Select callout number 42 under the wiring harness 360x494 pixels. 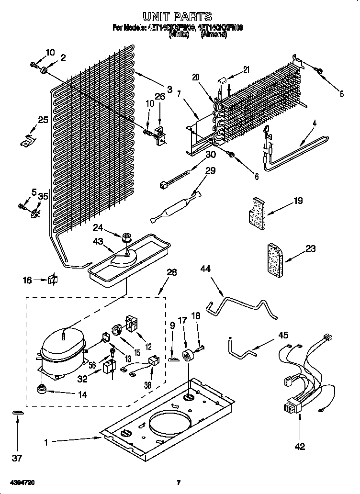300,447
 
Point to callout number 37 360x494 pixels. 17,458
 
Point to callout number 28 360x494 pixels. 171,272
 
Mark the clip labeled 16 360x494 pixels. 52,280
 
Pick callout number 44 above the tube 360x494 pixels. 205,270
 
